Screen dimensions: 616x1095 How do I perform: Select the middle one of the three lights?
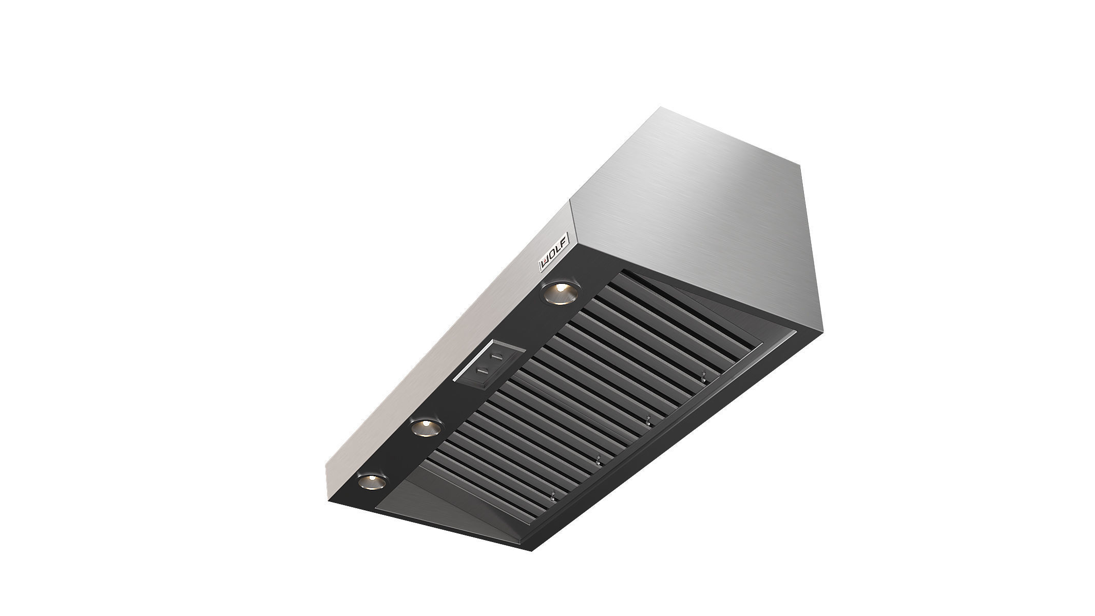click(426, 413)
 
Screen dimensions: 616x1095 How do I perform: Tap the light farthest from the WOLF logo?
click(371, 482)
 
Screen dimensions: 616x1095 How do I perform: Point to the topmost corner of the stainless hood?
click(661, 107)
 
